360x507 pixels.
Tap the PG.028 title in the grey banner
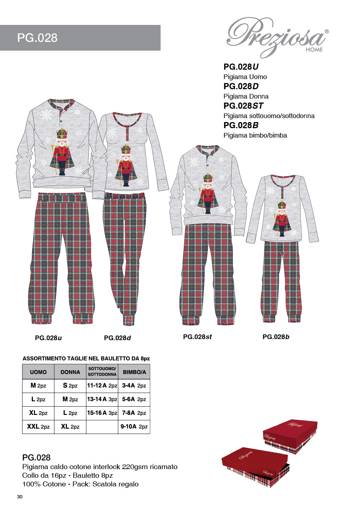coord(37,38)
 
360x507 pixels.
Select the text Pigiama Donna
coord(246,96)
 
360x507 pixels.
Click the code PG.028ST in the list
coord(243,106)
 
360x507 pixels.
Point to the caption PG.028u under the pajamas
coord(48,338)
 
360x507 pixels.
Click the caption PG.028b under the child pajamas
coord(276,337)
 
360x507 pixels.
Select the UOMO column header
coord(38,372)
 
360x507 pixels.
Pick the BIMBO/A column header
coord(134,372)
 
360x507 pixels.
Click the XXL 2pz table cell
coord(38,426)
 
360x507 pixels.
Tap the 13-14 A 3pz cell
coord(102,399)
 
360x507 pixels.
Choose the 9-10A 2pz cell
coord(134,426)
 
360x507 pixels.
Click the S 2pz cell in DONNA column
coord(70,385)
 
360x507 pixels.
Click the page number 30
coord(19,497)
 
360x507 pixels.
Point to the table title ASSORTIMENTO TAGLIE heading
coord(86,359)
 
